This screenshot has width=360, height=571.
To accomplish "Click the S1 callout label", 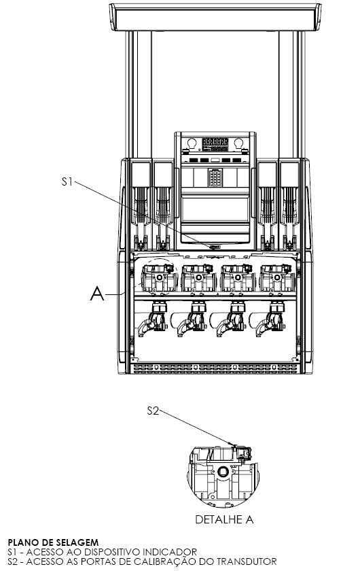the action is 67,181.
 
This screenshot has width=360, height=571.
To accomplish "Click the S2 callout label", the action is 154,411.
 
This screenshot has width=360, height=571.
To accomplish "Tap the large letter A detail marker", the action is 97,294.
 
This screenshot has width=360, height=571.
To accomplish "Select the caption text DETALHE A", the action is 224,519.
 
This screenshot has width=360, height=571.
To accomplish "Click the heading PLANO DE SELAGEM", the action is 53,543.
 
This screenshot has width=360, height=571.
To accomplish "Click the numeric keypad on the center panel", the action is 215,177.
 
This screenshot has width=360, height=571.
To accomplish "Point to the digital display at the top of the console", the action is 215,144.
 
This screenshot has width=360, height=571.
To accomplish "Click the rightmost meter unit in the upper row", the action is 277,279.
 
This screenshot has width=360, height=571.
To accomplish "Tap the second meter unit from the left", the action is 198,279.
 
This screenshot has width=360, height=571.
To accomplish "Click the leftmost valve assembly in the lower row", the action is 152,317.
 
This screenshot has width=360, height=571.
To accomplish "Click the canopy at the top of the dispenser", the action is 215,17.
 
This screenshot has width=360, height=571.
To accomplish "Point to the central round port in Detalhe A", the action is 222,472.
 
